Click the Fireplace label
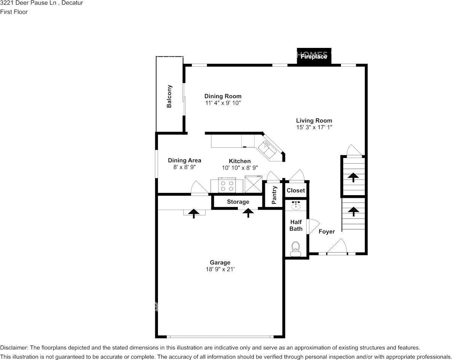tap(314, 57)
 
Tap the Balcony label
tap(169, 96)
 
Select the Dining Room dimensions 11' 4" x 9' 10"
tap(223, 103)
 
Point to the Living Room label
tap(314, 121)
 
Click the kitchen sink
tap(267, 149)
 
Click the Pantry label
tap(274, 195)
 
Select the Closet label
tap(296, 191)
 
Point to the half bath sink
tap(296, 205)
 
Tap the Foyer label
tap(326, 231)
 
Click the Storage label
tap(238, 202)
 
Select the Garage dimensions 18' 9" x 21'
tap(220, 269)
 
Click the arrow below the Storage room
tap(248, 213)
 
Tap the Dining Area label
tap(185, 160)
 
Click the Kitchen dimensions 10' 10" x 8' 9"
tap(240, 168)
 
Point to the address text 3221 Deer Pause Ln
tap(29, 3)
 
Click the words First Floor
tap(14, 12)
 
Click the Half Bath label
tap(296, 225)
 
